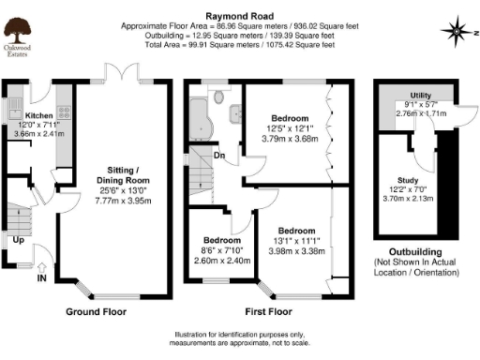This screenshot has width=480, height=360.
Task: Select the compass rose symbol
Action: [457, 30]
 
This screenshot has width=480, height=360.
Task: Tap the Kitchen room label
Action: [25, 115]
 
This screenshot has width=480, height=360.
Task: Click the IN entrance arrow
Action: [41, 277]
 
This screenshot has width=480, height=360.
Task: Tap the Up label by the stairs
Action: [18, 239]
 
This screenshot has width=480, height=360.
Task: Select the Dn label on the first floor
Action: [218, 156]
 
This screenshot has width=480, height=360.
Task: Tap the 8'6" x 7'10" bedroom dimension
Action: [215, 248]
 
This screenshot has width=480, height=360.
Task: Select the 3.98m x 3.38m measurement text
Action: [296, 250]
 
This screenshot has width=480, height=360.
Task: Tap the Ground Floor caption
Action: [96, 310]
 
